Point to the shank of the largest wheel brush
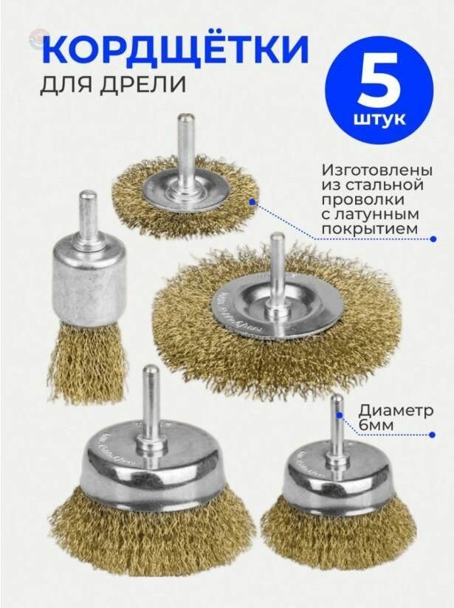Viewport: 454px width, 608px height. click(277, 258)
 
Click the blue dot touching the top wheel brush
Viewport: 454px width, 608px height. click(253, 200)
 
